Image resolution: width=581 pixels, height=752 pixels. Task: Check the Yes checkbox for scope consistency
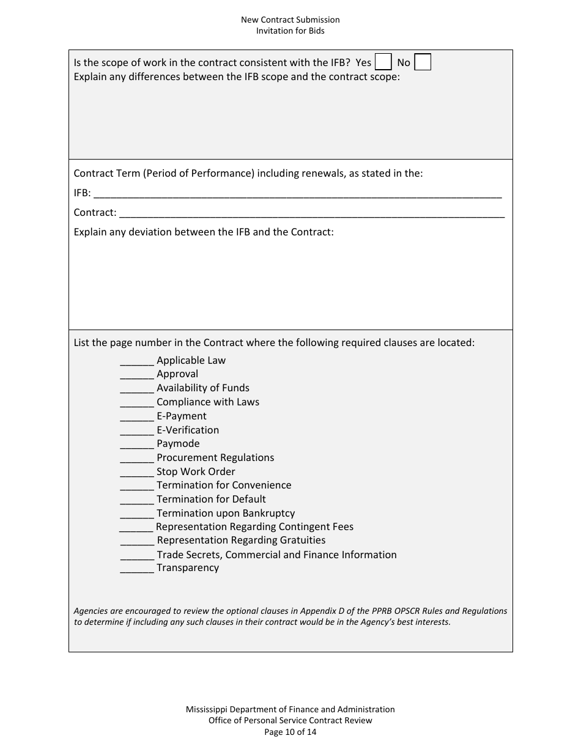[x=383, y=62]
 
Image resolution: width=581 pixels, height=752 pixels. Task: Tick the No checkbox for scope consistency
[x=423, y=62]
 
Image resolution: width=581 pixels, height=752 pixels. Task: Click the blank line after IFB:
[x=297, y=194]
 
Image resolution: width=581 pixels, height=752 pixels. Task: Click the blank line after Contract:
[x=312, y=213]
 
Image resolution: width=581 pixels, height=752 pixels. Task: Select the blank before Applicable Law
[x=137, y=361]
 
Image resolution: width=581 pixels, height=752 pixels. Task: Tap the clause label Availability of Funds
[x=203, y=388]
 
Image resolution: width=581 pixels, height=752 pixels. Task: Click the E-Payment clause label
[x=182, y=416]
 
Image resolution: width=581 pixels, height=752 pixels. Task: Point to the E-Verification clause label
[x=188, y=430]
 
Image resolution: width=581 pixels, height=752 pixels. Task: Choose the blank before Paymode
[x=137, y=444]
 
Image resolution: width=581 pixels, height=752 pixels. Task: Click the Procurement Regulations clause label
[x=215, y=457]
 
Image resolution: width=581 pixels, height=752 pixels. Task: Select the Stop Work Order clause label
[x=196, y=471]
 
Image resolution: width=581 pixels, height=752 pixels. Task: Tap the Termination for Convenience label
[x=224, y=485]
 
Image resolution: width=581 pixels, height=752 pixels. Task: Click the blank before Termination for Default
[x=137, y=500]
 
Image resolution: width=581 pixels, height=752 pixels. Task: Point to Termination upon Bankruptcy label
[x=226, y=513]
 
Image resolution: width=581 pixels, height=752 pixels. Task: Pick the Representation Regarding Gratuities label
[x=241, y=540]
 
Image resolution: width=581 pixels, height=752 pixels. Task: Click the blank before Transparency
[x=137, y=569]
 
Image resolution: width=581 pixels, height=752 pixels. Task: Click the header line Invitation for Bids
[x=290, y=31]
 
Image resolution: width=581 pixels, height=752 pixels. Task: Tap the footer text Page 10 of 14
[x=290, y=732]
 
